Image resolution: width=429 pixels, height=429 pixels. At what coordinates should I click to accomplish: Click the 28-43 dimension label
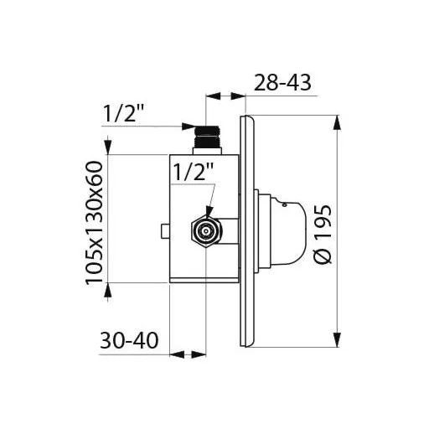coord(282,83)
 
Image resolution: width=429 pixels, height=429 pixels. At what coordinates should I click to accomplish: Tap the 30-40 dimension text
coord(129,340)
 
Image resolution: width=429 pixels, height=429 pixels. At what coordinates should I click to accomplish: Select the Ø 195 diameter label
coord(323,235)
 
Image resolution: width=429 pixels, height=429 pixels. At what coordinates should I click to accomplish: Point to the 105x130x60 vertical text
coord(95,223)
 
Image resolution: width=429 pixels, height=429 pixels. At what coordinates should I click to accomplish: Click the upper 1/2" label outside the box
coord(124,113)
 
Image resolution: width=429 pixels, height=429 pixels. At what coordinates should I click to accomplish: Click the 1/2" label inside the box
coord(194,171)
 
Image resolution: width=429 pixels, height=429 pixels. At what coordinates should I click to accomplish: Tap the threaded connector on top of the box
coord(207,140)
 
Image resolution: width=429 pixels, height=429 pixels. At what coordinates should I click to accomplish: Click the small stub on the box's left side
coord(166,231)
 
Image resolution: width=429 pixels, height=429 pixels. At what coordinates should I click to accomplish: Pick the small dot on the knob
coord(285,205)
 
